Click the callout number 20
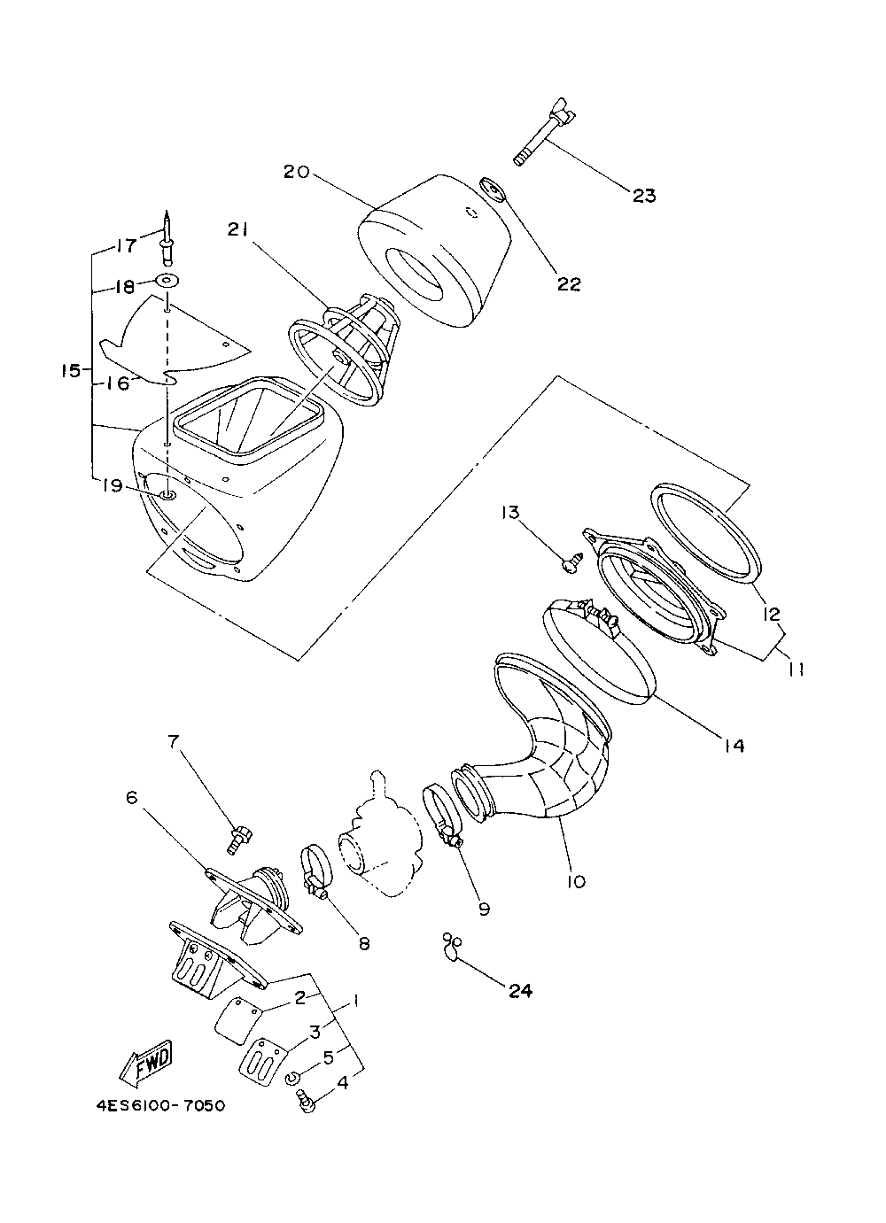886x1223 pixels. [x=296, y=172]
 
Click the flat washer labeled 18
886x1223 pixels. [x=166, y=282]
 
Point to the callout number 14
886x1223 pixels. [x=733, y=745]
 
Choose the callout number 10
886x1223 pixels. [x=577, y=881]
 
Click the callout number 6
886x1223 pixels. [x=132, y=799]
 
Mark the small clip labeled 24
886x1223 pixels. [x=451, y=946]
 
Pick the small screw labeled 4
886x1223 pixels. [x=305, y=1101]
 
